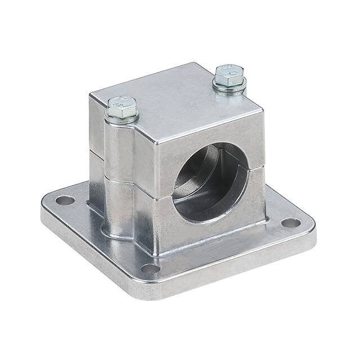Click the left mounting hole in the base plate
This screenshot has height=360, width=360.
[65, 200]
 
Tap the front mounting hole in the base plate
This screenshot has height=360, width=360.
[150, 268]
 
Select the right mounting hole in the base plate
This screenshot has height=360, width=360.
[290, 222]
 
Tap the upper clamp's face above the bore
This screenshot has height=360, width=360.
[208, 135]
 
